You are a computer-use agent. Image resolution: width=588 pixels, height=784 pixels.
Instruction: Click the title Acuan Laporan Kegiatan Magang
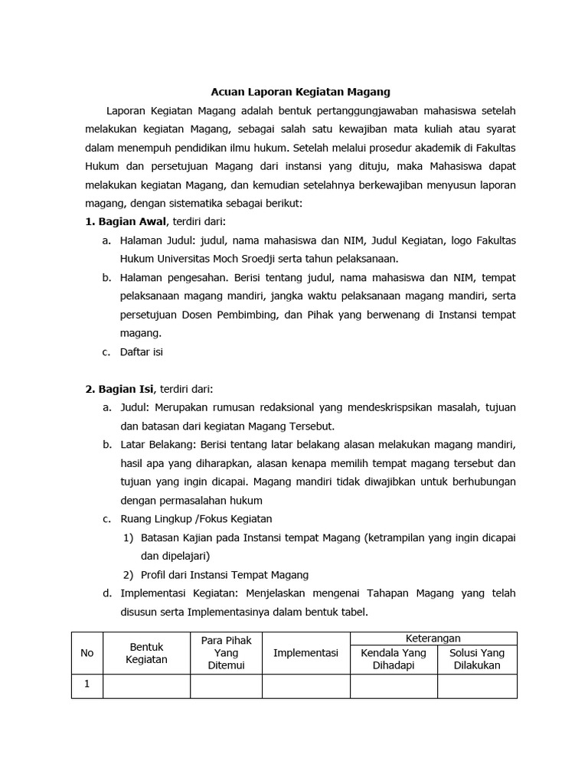[300, 92]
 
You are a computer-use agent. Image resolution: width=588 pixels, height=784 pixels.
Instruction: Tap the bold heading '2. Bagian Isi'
[119, 389]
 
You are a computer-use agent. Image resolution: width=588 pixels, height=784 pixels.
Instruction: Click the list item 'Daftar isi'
[142, 352]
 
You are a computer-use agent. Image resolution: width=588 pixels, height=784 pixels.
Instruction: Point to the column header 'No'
[87, 653]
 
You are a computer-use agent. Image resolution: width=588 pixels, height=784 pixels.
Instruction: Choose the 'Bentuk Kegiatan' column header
[146, 653]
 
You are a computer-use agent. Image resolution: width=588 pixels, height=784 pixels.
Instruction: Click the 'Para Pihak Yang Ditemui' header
[226, 653]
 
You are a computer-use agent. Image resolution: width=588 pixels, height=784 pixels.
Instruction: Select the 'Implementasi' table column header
[305, 653]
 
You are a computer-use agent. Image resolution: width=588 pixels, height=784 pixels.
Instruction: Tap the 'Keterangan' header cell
[433, 639]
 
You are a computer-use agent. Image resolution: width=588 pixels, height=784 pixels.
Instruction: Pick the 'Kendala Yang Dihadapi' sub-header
[394, 659]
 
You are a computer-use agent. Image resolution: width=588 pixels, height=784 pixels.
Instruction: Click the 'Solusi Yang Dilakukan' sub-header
[476, 659]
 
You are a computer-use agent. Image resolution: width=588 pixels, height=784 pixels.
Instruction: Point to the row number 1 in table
[87, 685]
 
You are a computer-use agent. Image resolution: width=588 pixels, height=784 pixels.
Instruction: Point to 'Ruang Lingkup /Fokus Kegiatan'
[196, 519]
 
